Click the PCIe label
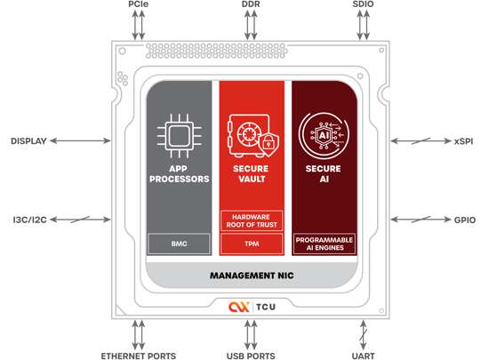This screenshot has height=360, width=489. (138, 4)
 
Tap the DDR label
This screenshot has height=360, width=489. (251, 4)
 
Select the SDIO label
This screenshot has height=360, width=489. (363, 4)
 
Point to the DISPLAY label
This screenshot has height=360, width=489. (28, 141)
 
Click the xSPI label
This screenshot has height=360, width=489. (463, 141)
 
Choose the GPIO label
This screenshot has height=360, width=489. (465, 220)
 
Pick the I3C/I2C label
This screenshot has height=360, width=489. (29, 220)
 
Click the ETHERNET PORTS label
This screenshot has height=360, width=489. (139, 356)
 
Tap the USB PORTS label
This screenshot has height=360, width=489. (251, 356)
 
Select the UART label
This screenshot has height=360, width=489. (363, 356)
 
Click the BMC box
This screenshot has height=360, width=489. (179, 244)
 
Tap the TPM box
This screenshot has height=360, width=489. (252, 244)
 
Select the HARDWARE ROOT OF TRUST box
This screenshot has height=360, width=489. (252, 220)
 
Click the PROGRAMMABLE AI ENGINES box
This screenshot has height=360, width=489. (325, 244)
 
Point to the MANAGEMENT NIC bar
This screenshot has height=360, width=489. (252, 276)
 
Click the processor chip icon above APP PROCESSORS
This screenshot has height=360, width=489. (179, 136)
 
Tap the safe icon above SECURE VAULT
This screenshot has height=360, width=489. (253, 136)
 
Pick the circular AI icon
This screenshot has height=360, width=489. (324, 136)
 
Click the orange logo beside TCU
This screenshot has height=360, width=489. (239, 307)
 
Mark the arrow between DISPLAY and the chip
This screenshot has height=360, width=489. (80, 140)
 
